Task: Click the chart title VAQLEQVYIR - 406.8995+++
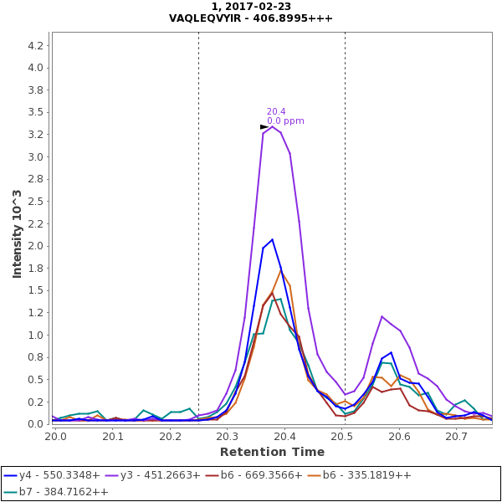coord(250,18)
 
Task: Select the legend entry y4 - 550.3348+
coord(56,475)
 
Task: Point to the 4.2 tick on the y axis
coord(35,45)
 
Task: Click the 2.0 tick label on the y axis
coord(35,246)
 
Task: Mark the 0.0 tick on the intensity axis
coord(35,424)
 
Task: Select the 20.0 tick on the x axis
coord(55,437)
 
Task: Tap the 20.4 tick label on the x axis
coord(284,437)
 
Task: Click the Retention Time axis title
coord(272,452)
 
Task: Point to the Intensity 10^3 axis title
coord(17,233)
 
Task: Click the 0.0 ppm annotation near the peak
coord(285,121)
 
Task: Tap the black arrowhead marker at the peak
coord(264,127)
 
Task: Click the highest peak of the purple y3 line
coord(272,126)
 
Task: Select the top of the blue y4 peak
coord(272,239)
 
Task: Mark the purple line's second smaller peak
coord(382,316)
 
